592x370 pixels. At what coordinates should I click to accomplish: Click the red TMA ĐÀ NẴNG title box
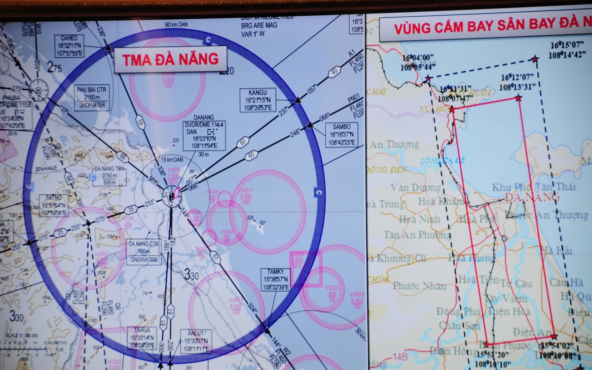[170, 59]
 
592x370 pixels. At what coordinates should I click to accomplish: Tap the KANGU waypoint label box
[258, 101]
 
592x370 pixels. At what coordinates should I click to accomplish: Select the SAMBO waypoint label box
[341, 135]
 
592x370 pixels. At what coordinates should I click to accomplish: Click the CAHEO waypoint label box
[69, 46]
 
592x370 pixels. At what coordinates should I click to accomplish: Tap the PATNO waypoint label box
[53, 206]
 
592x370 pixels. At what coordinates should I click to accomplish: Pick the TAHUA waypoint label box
[142, 338]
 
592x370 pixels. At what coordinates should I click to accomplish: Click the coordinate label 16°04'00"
[419, 62]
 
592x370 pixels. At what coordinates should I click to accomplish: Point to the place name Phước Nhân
[419, 286]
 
